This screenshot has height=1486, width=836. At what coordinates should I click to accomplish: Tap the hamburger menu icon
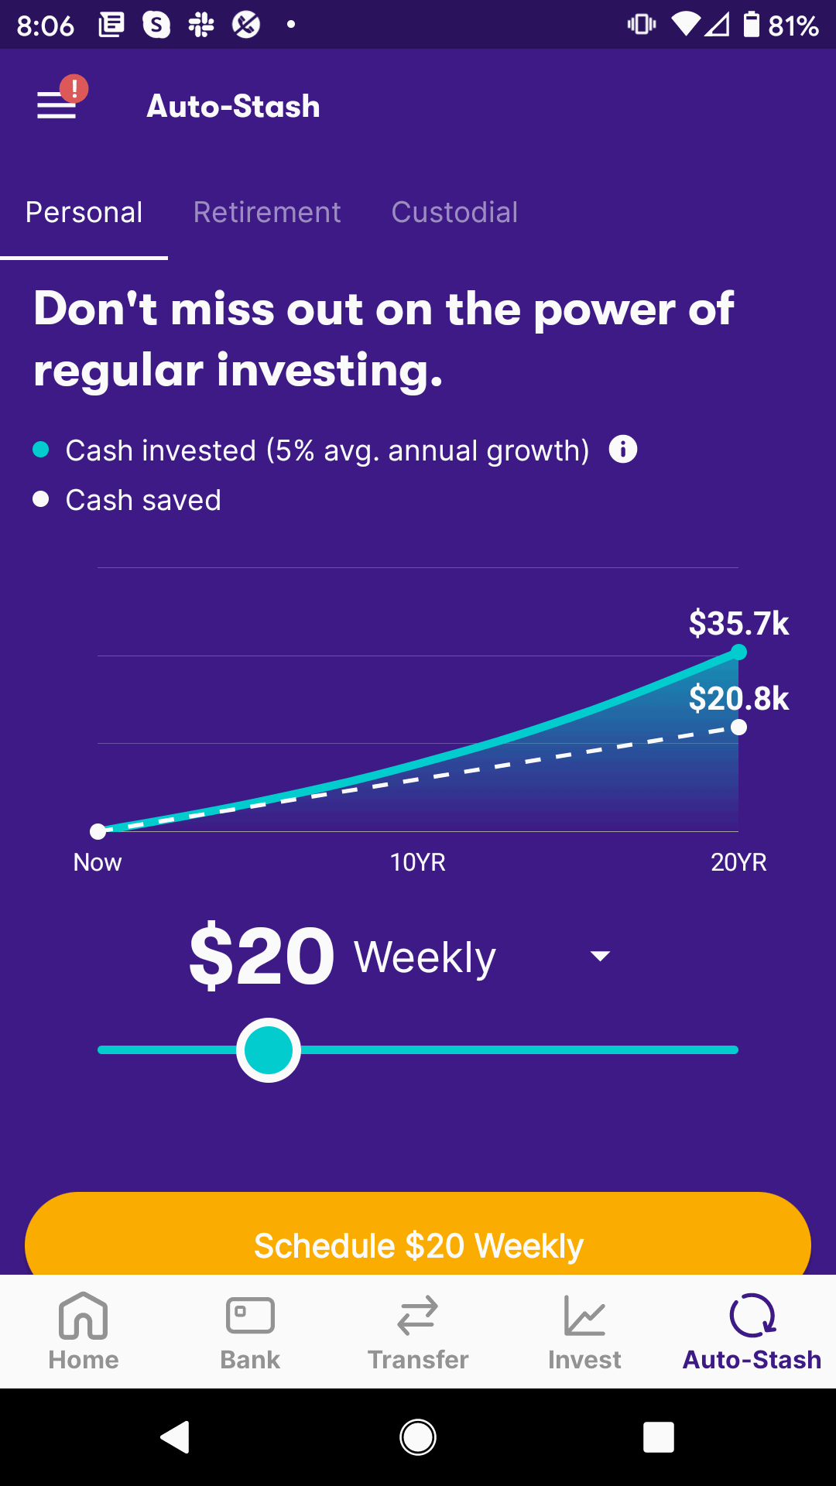(57, 105)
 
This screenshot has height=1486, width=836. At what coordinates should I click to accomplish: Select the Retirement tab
(267, 212)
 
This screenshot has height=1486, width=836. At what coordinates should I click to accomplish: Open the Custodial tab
(454, 212)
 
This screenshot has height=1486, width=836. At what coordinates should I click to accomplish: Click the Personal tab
(84, 212)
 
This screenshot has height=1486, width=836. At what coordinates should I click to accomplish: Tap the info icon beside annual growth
(623, 449)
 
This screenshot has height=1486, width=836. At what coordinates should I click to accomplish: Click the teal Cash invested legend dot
(41, 450)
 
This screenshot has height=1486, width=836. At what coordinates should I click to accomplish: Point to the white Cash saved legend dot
(41, 499)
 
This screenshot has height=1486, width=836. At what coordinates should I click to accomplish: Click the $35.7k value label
(738, 623)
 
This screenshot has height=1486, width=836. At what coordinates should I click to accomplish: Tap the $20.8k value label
(738, 698)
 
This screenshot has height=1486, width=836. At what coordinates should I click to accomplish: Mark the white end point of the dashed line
(739, 727)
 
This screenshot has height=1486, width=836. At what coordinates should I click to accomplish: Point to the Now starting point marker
(98, 831)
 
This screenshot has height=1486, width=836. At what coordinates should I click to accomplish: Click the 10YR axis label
(418, 862)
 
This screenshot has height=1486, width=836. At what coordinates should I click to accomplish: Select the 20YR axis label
(738, 862)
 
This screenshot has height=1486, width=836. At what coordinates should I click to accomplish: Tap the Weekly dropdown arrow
(600, 957)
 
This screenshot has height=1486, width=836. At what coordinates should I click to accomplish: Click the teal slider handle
(269, 1050)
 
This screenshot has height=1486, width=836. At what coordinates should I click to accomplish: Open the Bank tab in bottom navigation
(250, 1331)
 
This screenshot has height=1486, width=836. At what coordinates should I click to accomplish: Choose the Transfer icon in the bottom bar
(418, 1316)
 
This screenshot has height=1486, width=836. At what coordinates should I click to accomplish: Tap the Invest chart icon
(584, 1316)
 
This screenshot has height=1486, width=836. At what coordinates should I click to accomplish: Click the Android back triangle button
(176, 1437)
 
